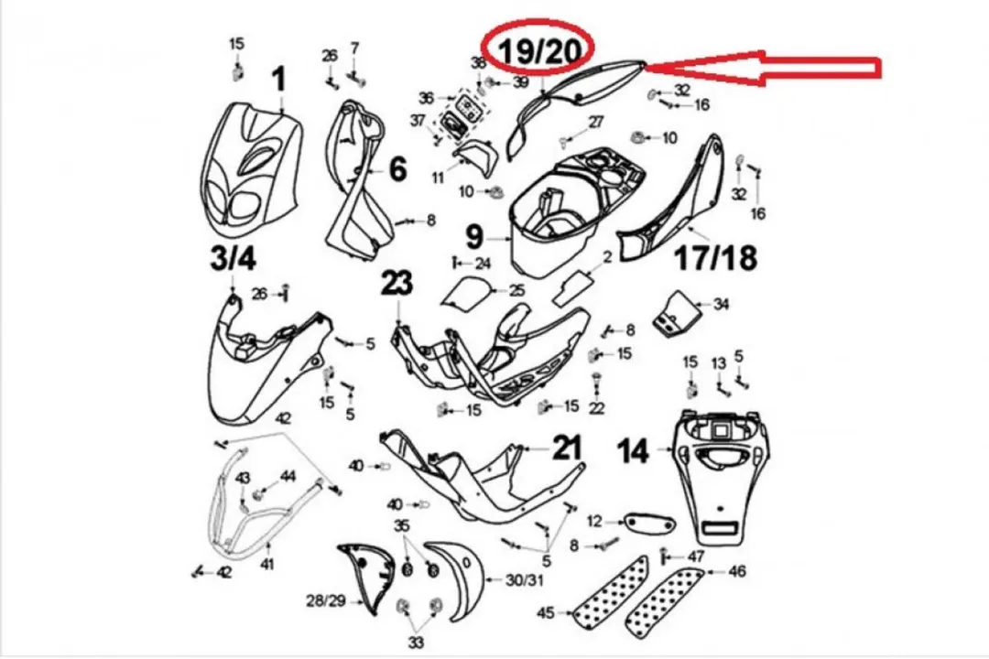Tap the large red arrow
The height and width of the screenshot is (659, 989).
[764, 68]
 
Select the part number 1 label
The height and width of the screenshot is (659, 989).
[278, 81]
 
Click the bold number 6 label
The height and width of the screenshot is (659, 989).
[397, 168]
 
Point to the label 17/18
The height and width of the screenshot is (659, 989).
[716, 258]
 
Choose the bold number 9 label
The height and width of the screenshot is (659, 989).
[474, 238]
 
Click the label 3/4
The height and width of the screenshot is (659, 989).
[234, 258]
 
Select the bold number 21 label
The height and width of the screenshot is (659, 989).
[566, 448]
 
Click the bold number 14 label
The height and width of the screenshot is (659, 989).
[633, 451]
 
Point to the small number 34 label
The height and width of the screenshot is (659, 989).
[721, 305]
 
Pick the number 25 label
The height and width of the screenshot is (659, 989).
[516, 291]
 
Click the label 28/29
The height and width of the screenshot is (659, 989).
[326, 600]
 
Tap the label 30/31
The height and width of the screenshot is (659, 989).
[524, 579]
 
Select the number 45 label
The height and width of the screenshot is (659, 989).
[546, 612]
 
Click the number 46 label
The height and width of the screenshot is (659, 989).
[736, 571]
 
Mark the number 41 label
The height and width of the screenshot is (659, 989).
[267, 564]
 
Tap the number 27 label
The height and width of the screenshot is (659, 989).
[596, 123]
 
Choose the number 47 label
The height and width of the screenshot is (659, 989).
[695, 556]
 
